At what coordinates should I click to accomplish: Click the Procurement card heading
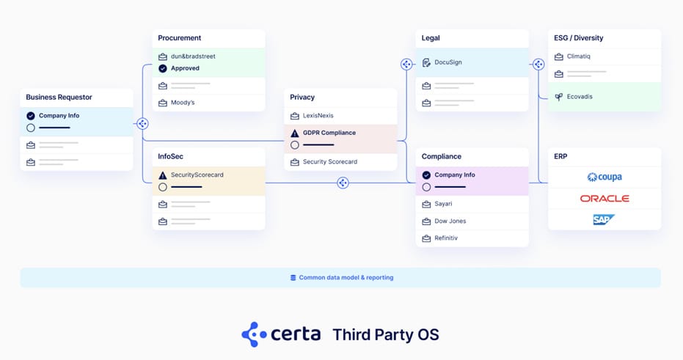click(180, 38)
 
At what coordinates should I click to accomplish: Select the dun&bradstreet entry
click(193, 56)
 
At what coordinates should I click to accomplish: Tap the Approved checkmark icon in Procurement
click(163, 68)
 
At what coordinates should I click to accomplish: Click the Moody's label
click(183, 103)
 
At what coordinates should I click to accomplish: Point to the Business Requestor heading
click(59, 97)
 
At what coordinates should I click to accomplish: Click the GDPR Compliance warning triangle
click(295, 133)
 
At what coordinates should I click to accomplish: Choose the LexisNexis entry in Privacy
click(318, 116)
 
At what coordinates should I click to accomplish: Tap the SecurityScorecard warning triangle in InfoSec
click(163, 175)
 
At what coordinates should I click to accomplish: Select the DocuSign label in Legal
click(448, 62)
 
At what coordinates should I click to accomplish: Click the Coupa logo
click(605, 177)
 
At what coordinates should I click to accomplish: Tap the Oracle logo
click(605, 199)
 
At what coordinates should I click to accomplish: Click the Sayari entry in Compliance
click(444, 204)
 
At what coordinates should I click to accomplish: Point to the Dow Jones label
click(450, 221)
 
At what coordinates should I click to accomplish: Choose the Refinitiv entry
click(446, 238)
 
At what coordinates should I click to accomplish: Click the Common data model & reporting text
click(346, 278)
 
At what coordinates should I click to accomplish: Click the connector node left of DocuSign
click(406, 64)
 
